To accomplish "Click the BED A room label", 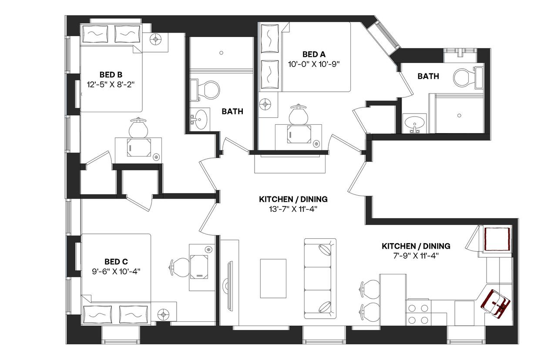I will point(313,54).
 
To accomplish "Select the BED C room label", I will point(116,261).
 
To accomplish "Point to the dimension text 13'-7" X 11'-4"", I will point(293,209).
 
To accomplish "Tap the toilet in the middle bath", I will point(210,90).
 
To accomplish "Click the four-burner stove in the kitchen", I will point(418,314).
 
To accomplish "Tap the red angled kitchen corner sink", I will point(496,303).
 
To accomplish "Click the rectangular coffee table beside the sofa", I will point(273,278).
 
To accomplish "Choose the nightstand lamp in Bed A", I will point(266,105).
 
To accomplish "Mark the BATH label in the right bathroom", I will point(428,76).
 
